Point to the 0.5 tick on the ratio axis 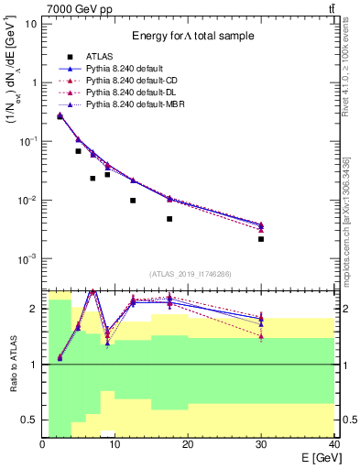coord(29,420)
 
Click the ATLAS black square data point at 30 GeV coord(261,239)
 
